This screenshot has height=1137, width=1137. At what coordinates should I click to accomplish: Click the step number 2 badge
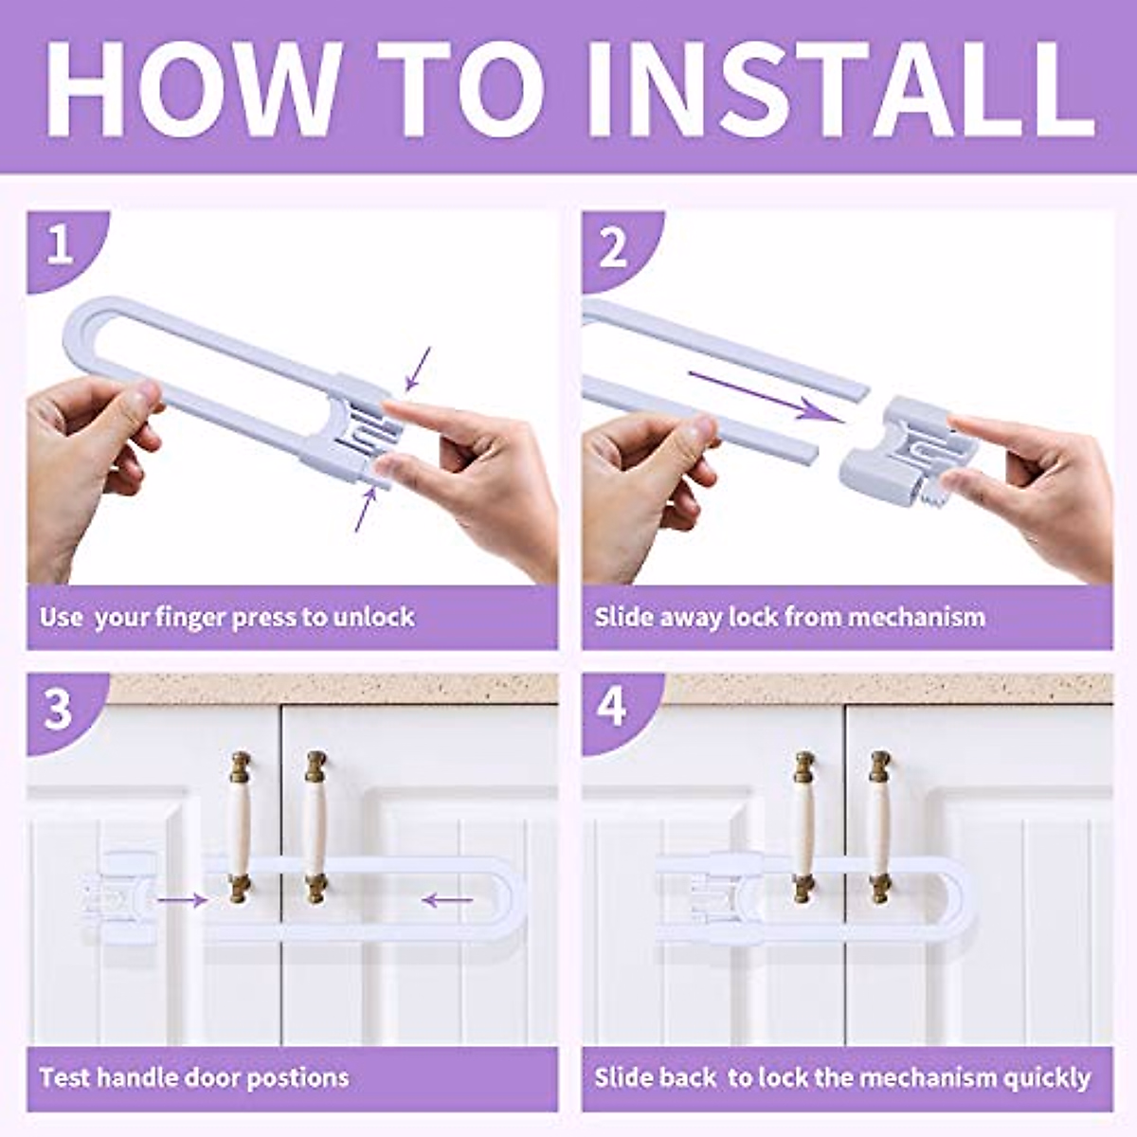(614, 247)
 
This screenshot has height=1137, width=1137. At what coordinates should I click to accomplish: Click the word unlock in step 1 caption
(373, 617)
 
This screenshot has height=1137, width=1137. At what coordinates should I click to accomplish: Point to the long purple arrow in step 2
(767, 396)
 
